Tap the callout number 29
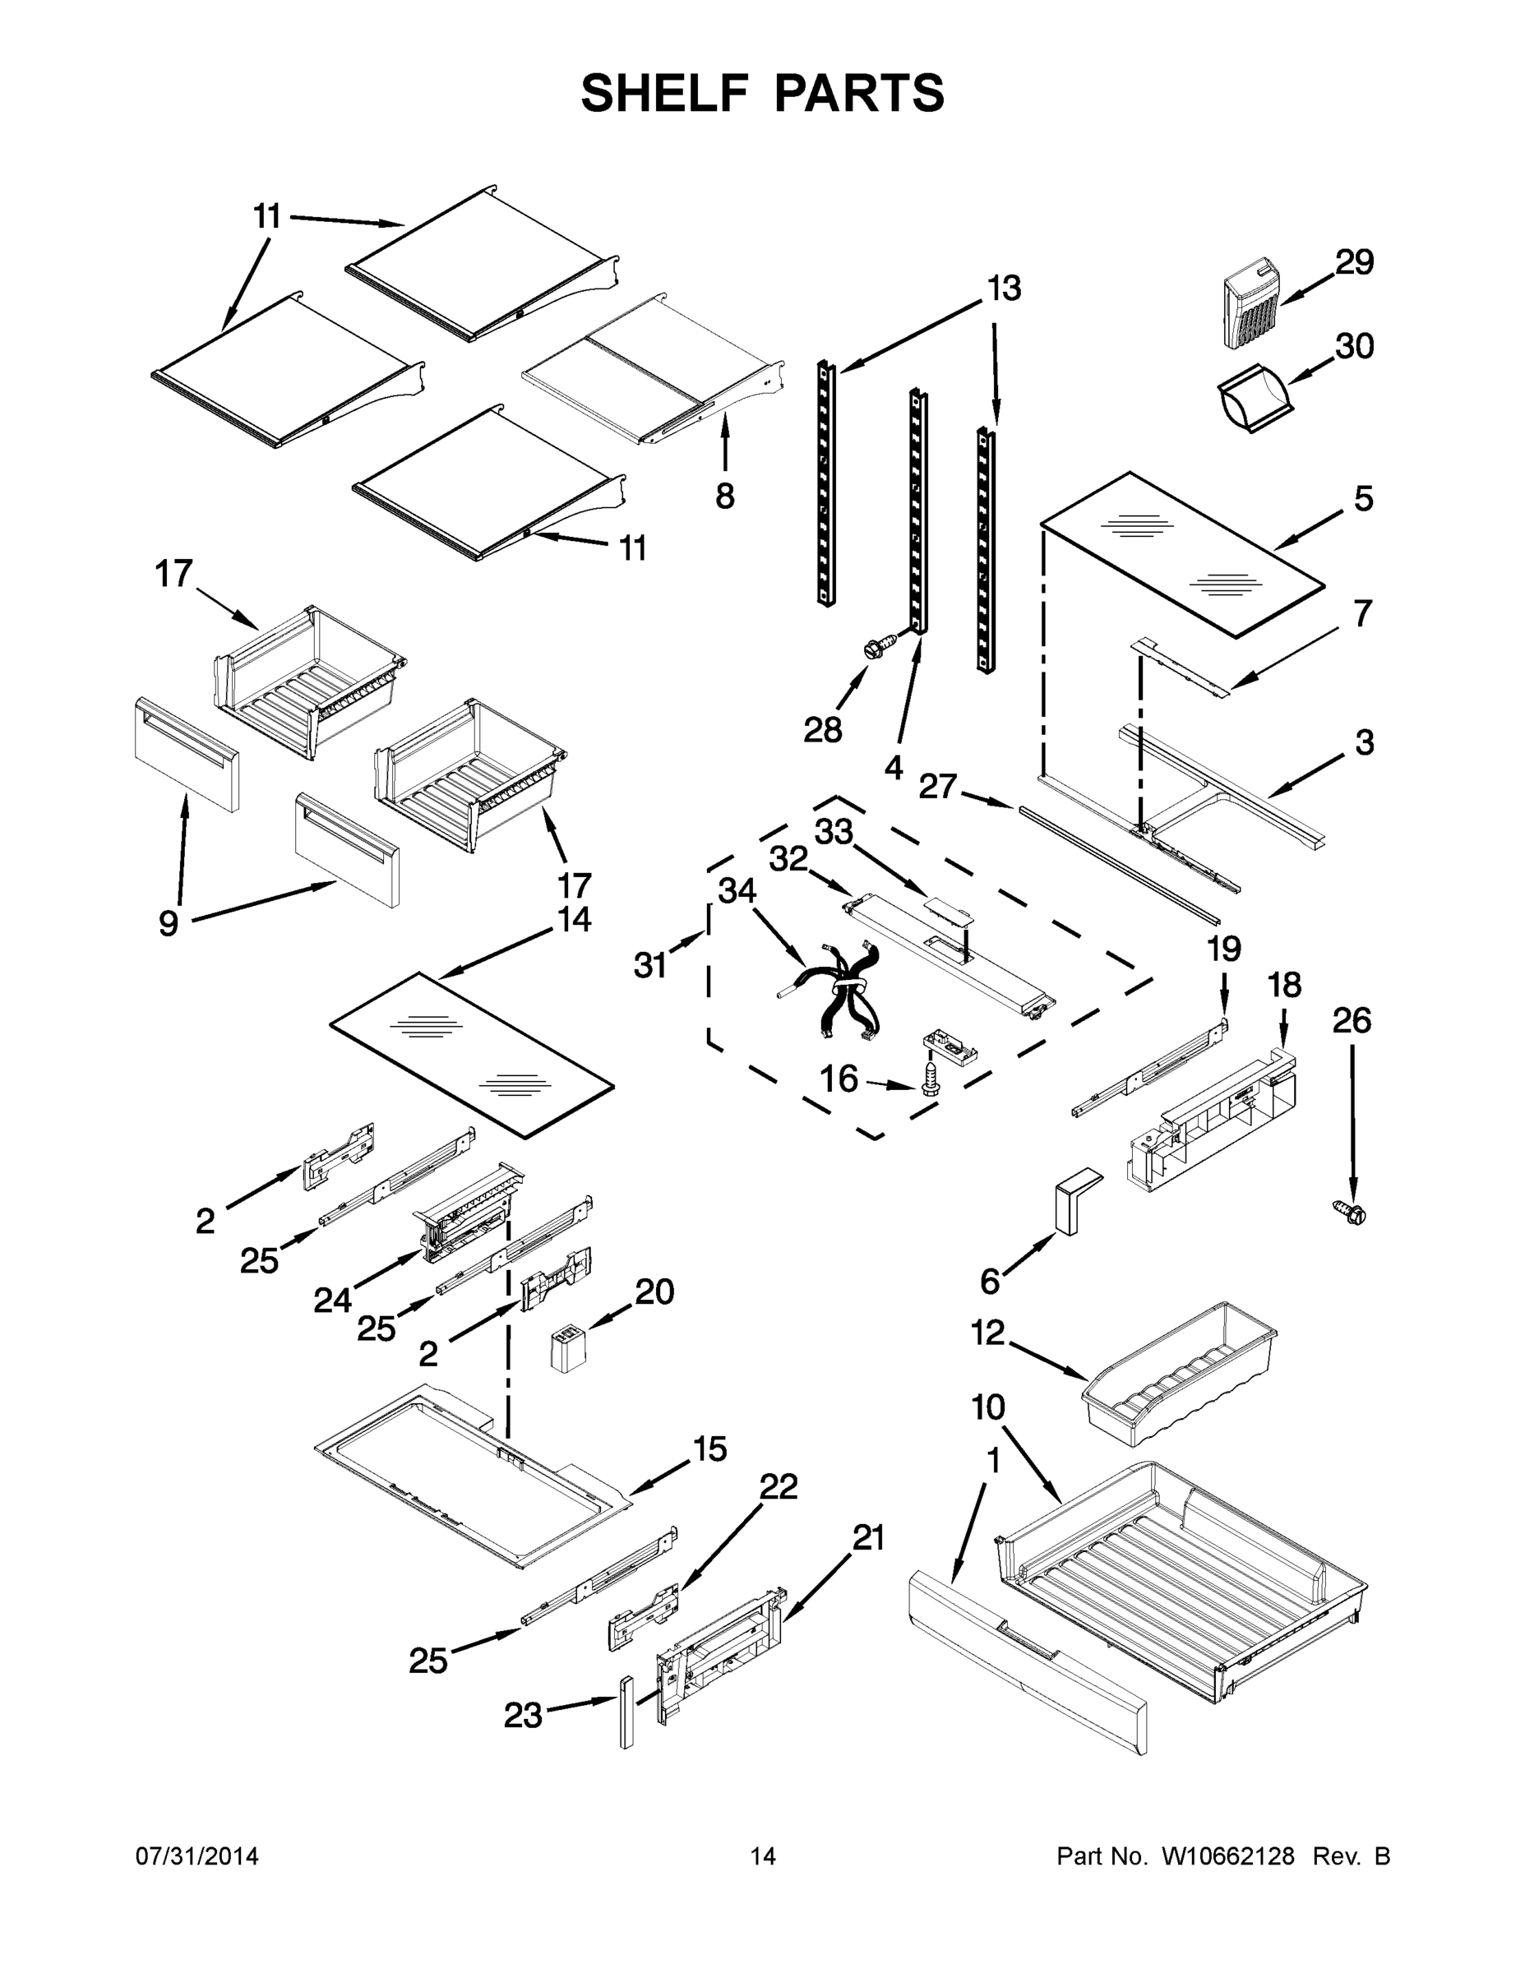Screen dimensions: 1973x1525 click(x=1354, y=262)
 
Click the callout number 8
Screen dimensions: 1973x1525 click(x=724, y=496)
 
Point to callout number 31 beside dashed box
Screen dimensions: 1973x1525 click(x=650, y=966)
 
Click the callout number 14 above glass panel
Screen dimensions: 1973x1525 click(x=575, y=920)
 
